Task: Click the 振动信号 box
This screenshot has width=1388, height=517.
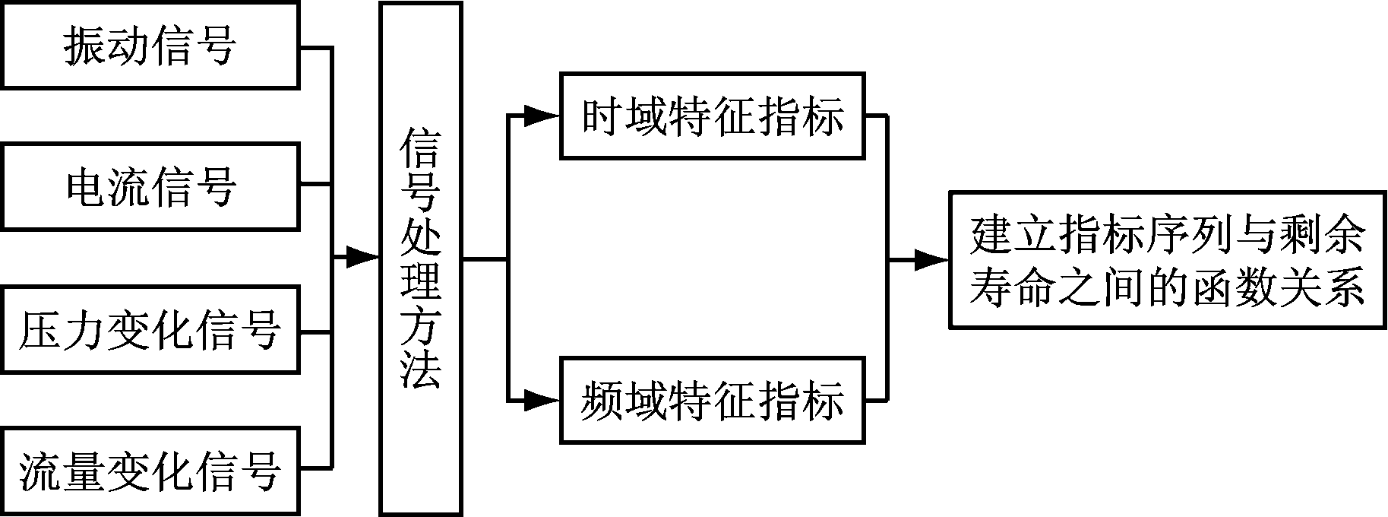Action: (x=150, y=46)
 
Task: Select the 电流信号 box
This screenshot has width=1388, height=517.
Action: (x=150, y=187)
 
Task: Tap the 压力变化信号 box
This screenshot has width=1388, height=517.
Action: (x=150, y=330)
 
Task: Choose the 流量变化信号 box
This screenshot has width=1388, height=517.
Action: (x=150, y=471)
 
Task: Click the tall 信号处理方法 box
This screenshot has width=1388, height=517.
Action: (x=421, y=258)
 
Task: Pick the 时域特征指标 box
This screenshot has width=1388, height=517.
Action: (x=713, y=116)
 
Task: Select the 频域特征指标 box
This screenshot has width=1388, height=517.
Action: (x=713, y=400)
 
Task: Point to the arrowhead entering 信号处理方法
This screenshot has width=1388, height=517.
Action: (x=364, y=258)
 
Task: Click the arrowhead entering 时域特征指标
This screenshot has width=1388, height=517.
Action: (x=543, y=116)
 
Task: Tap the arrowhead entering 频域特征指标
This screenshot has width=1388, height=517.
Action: (x=543, y=400)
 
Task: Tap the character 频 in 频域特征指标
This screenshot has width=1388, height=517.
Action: (x=603, y=400)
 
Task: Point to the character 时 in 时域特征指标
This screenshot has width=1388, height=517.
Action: (x=603, y=116)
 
